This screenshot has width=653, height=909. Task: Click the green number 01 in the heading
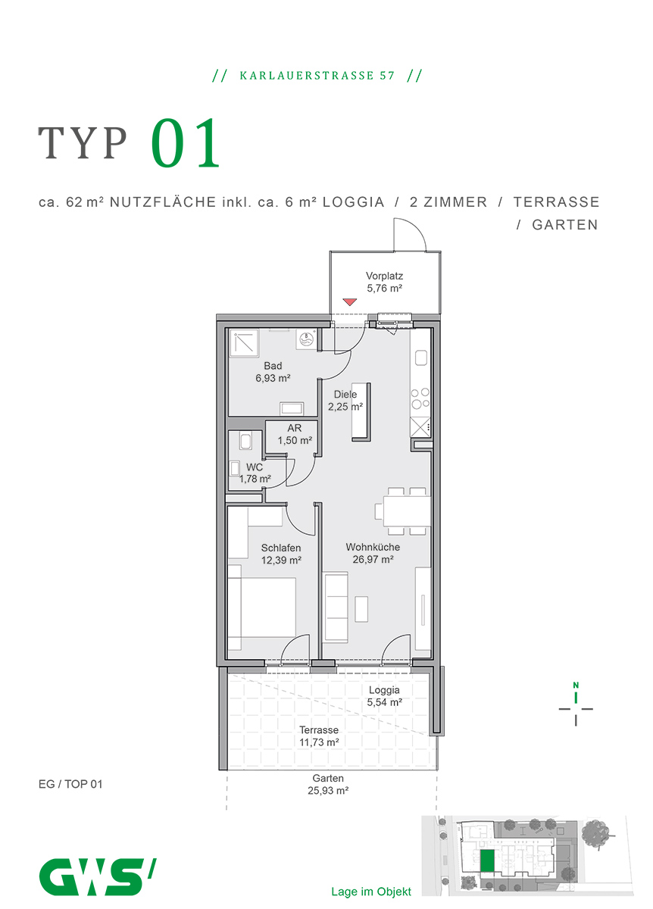[x=186, y=144]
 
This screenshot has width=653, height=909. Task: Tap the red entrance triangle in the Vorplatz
[x=349, y=302]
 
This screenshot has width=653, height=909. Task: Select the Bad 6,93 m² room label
[x=273, y=371]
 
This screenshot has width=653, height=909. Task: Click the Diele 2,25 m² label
[x=345, y=400]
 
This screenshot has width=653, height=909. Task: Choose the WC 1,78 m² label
[x=255, y=473]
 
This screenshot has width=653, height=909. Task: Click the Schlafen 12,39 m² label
[x=281, y=554]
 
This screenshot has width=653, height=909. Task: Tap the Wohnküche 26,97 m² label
[x=373, y=553]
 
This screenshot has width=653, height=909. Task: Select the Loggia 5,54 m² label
[x=384, y=696]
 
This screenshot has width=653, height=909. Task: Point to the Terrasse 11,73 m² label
[x=318, y=736]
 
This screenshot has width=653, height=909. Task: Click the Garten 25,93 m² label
[x=328, y=784]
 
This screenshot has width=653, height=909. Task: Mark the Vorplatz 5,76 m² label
[x=384, y=282]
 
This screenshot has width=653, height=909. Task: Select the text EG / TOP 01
[x=70, y=784]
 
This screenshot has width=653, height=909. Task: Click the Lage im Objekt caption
[x=371, y=892]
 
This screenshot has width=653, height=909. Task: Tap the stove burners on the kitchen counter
[x=420, y=398]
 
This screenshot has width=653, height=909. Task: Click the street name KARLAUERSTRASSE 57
[x=317, y=76]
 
